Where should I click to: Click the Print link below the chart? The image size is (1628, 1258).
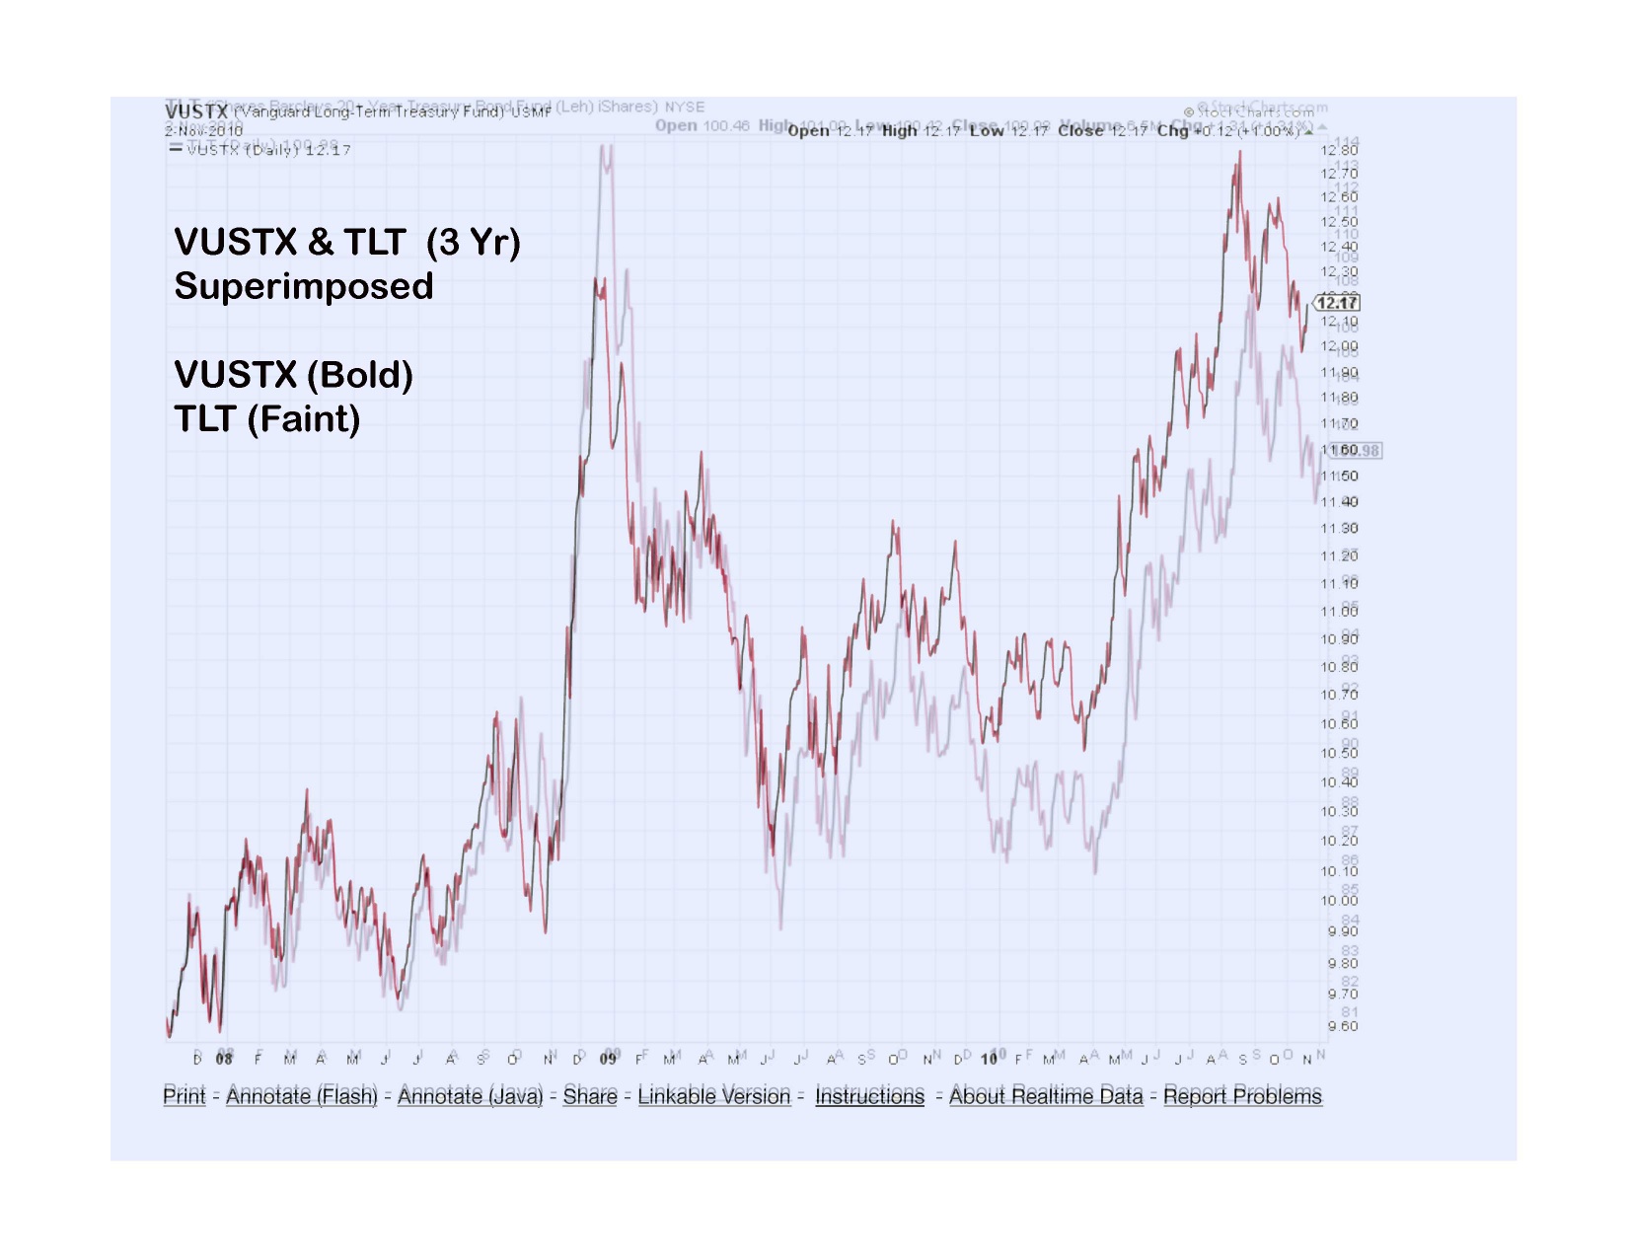[x=185, y=1095]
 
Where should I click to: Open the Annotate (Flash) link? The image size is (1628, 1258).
[x=302, y=1095]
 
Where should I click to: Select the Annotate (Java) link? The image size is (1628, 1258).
[x=471, y=1095]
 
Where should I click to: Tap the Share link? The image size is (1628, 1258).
[x=590, y=1095]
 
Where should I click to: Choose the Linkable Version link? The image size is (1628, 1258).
[x=714, y=1095]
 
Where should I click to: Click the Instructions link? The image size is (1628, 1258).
[x=869, y=1095]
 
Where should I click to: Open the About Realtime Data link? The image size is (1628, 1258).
[x=1046, y=1095]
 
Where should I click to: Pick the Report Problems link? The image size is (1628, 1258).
[x=1242, y=1095]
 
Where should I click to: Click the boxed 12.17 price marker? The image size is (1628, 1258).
[x=1338, y=303]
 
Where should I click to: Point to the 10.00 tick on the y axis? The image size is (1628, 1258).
[x=1339, y=900]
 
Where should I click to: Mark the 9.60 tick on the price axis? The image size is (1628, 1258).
[x=1342, y=1026]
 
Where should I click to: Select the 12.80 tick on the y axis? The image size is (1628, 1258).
[x=1339, y=150]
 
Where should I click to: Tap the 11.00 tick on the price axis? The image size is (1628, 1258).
[x=1339, y=612]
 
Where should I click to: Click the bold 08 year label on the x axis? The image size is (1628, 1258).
[x=225, y=1059]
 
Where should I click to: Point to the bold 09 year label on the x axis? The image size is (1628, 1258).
[x=609, y=1059]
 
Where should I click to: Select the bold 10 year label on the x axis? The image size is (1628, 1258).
[x=990, y=1059]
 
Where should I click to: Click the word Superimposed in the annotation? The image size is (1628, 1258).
[x=304, y=286]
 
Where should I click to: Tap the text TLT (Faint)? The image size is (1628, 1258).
[x=267, y=419]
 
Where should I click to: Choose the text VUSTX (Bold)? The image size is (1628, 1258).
[x=293, y=375]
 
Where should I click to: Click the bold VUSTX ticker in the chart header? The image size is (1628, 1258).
[x=197, y=112]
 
